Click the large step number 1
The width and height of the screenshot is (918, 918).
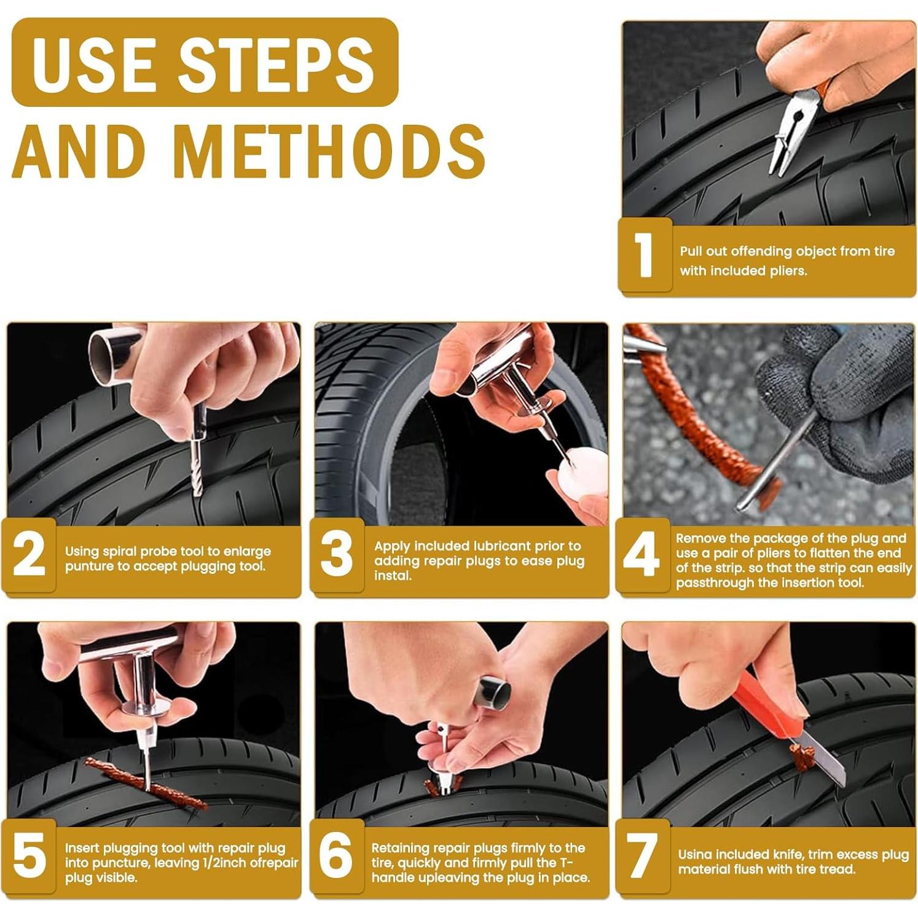coord(643,254)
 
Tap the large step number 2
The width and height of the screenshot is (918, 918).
coord(29,554)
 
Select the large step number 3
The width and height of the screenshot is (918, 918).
coord(337,554)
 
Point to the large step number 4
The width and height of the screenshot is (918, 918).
coord(641,554)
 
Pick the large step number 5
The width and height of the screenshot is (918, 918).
coord(29,855)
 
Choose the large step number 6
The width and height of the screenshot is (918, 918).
coord(336,855)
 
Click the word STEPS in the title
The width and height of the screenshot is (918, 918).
coord(277,63)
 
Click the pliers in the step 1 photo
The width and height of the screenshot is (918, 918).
coord(793,129)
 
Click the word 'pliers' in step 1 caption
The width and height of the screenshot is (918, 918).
coord(788,271)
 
